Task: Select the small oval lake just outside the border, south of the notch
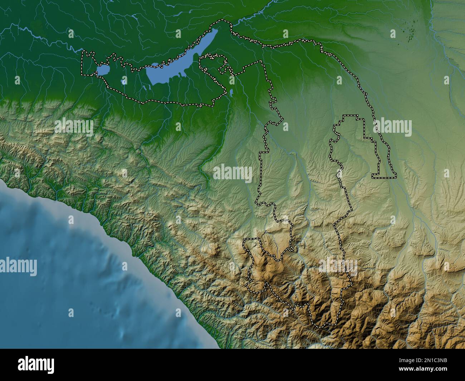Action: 231,93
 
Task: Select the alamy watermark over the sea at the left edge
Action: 18,267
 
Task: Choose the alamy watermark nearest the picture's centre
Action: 232,172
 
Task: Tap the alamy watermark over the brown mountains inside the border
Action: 338,267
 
